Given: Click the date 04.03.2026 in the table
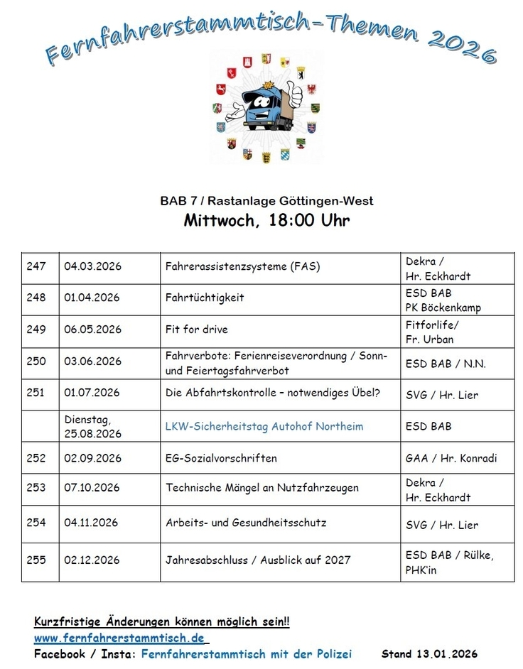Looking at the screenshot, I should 92,266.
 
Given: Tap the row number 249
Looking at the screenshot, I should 36,330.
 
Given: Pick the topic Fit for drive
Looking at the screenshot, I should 197,330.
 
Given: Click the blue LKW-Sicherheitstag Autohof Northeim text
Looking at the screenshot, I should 264,426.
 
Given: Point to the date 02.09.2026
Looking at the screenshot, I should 92,458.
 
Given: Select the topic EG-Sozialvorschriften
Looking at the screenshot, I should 221,458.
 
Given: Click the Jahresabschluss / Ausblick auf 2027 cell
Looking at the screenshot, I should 258,560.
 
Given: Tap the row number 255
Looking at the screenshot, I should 36,560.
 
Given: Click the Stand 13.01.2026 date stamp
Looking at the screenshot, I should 429,653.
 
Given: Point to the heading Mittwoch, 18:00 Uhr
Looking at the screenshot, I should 266,220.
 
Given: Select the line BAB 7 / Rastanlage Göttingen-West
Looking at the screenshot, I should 266,201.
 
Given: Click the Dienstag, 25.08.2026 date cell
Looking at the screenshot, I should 92,427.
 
